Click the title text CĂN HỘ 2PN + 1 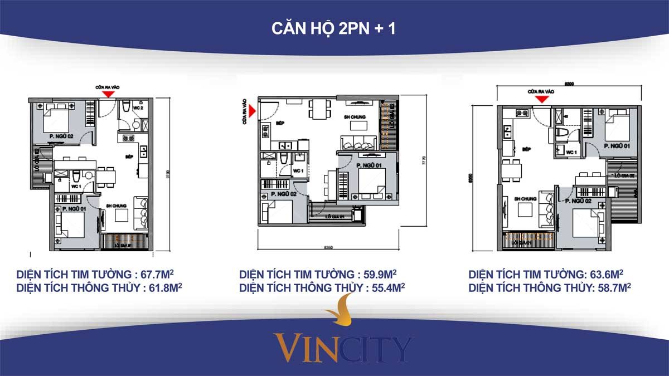[x=333, y=28]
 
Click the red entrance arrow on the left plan [x=106, y=94]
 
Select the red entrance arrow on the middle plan [x=253, y=111]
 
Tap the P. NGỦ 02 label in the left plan [x=59, y=135]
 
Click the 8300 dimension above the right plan [x=569, y=84]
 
